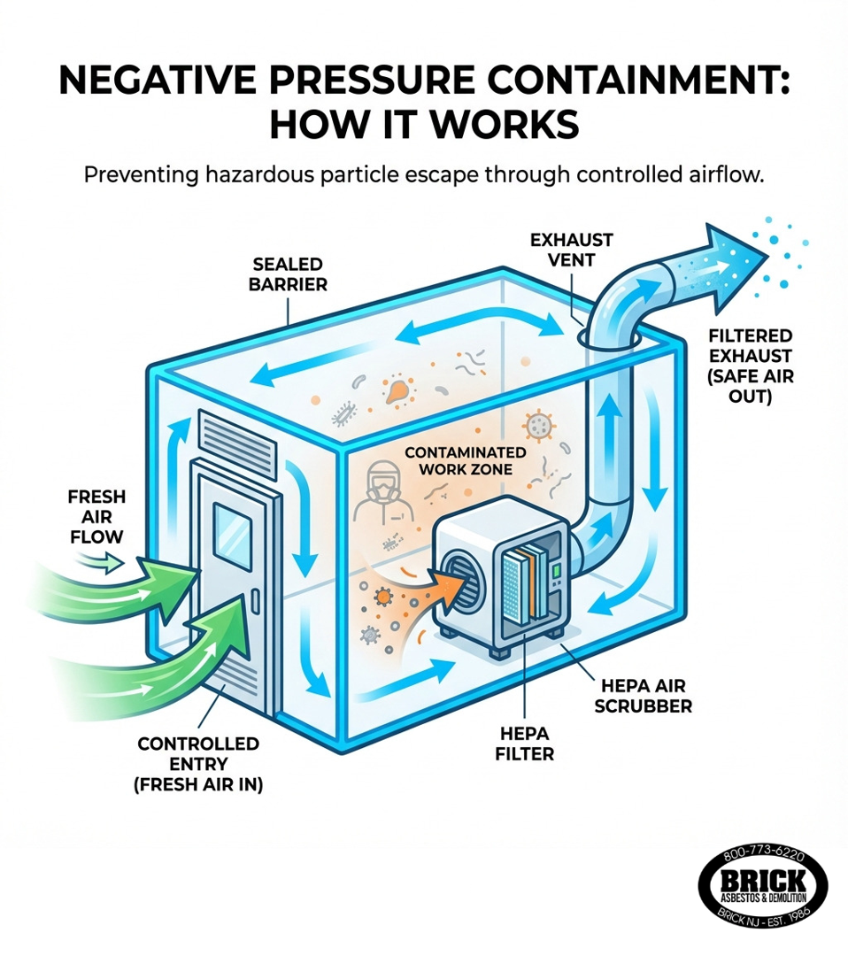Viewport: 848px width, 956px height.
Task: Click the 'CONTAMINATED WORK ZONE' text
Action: [x=458, y=459]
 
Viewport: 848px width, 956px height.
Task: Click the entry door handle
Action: [x=255, y=605]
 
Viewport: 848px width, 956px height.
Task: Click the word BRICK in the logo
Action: [x=763, y=880]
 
